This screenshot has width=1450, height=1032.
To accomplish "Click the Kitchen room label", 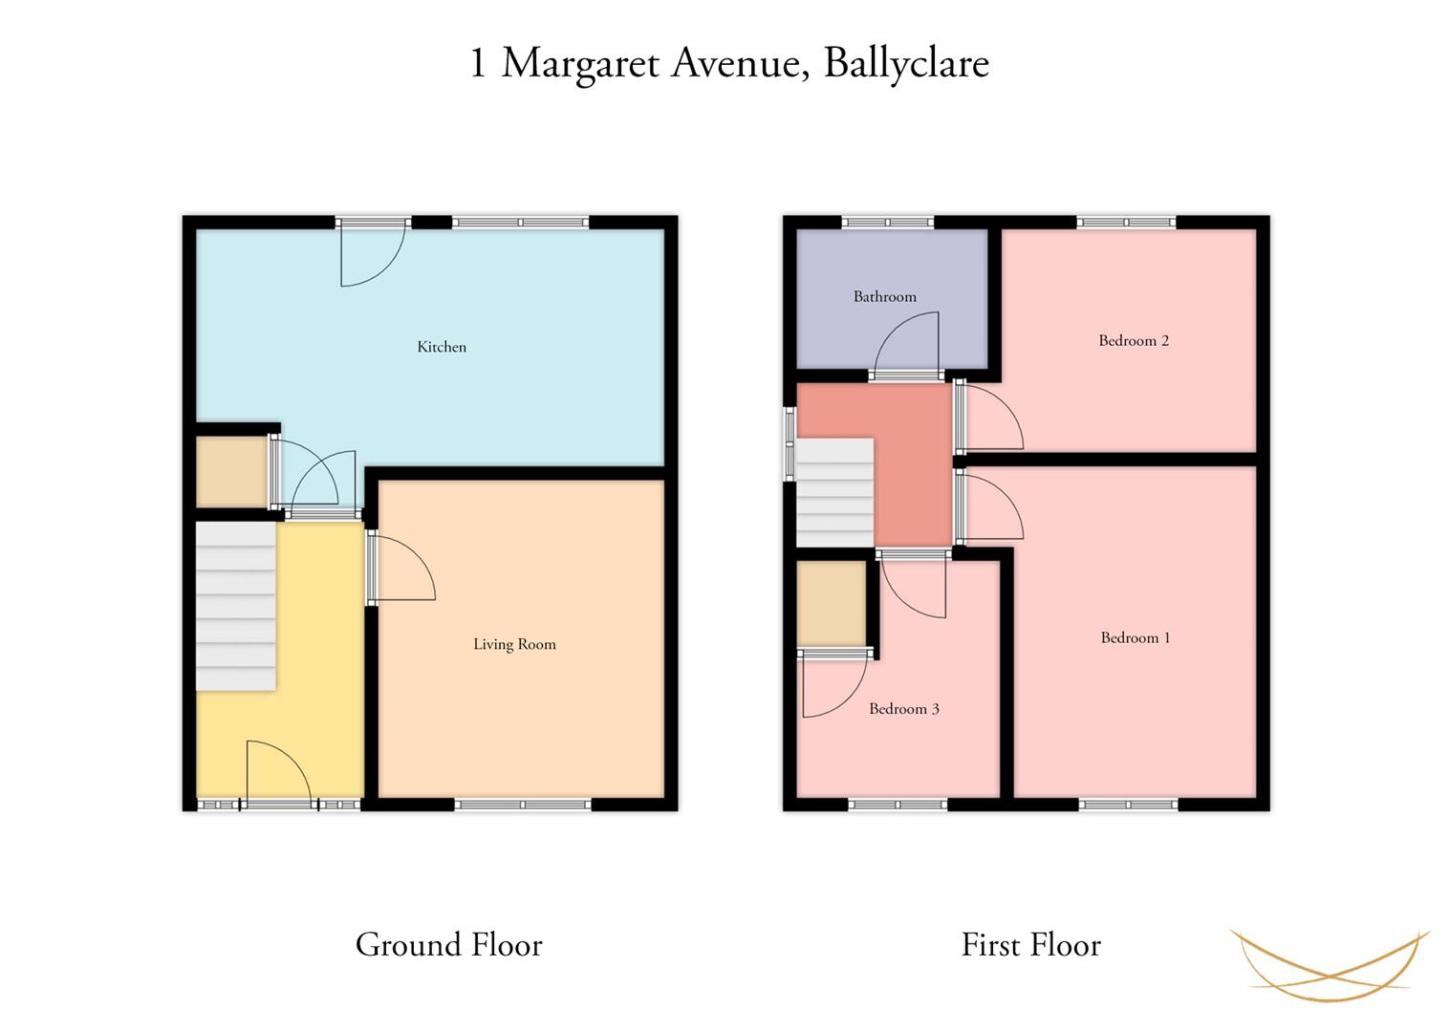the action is (442, 347).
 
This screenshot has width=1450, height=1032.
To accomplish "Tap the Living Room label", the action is (514, 644).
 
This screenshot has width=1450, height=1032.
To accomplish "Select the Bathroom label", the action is (885, 297).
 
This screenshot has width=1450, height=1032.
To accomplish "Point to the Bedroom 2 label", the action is (1134, 341).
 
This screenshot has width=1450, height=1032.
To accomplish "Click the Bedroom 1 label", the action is (1136, 638).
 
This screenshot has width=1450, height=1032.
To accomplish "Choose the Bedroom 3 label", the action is (903, 709).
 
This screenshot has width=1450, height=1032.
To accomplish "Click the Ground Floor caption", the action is (448, 945).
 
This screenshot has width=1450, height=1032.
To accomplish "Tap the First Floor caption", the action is (1030, 945).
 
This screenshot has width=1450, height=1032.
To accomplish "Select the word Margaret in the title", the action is (580, 65).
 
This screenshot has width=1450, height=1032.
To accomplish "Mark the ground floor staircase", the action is (236, 606).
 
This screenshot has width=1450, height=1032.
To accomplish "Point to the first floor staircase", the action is (835, 492).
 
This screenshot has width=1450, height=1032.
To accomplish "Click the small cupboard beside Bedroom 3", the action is (832, 603).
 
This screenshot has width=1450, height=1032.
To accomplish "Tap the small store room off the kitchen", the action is (231, 472).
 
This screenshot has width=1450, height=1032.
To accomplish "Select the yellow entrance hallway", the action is (320, 660).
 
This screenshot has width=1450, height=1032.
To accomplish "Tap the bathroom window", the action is (887, 223).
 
